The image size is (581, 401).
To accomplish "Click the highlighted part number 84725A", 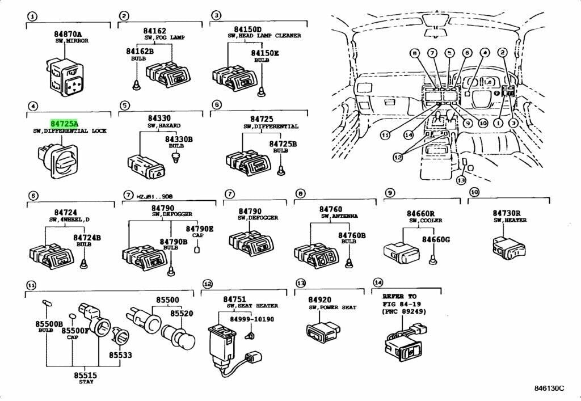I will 64,123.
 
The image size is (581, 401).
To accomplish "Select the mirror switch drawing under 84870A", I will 67,80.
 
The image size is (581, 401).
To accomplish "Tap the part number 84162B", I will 139,52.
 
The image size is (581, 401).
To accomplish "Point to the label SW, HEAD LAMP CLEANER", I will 264,36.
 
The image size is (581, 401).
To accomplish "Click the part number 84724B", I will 87,238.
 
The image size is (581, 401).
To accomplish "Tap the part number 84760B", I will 352,235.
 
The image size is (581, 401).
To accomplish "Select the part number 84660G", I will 436,240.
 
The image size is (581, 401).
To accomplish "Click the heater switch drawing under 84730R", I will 509,246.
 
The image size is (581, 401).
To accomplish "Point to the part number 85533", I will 121,356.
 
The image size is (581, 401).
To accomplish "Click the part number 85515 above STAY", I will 86,375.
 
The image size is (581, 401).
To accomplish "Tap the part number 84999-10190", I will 251,319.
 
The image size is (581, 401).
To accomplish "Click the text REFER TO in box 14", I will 399,296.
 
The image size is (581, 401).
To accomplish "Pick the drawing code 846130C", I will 549,388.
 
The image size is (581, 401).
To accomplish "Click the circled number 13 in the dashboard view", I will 461,180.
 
